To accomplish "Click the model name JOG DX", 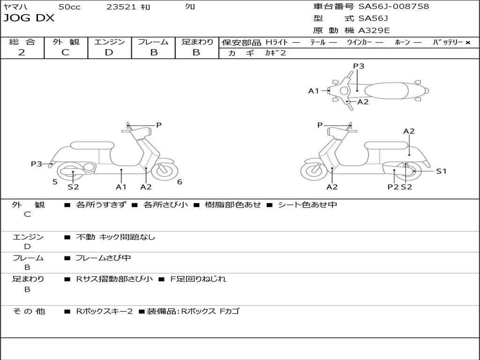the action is click(29, 18).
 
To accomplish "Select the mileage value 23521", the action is click(121, 7).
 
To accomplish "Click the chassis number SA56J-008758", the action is click(394, 7).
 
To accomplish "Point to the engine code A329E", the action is click(374, 31).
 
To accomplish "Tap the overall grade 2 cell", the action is click(22, 52).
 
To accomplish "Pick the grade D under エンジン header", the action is click(109, 52).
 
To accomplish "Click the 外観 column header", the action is click(66, 42).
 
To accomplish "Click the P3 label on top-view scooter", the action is click(359, 66).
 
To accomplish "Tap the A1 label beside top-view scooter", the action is click(313, 91).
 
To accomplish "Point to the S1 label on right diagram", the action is click(441, 171).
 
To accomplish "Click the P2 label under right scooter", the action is click(393, 187).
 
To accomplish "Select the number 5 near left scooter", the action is click(55, 182).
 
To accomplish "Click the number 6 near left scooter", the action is click(180, 182).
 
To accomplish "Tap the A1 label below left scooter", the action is click(121, 187).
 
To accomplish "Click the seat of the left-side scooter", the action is click(92, 145).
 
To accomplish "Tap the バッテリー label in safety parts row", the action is click(448, 42).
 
